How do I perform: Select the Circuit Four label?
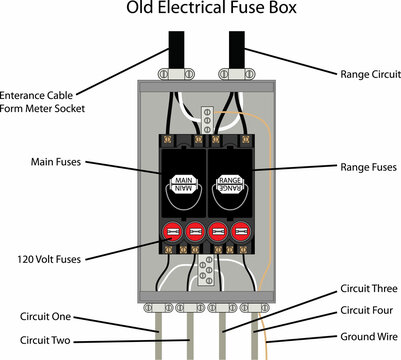click(x=354, y=310)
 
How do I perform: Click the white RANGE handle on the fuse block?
click(x=228, y=183)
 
